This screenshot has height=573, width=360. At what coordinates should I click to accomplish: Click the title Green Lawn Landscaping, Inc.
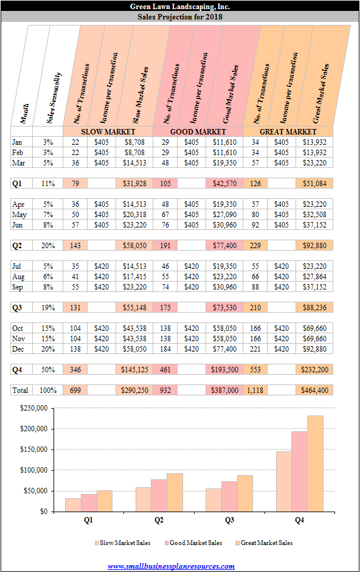point(180,6)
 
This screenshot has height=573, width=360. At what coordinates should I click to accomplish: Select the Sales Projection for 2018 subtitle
point(180,16)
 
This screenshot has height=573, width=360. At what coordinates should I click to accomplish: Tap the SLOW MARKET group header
point(108,131)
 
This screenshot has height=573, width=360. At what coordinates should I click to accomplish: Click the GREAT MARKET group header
point(288,131)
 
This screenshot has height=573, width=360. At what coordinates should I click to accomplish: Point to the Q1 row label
point(17,184)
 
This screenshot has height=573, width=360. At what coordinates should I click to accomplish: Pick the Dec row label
point(18,349)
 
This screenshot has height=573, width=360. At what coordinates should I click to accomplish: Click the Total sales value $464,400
point(314,391)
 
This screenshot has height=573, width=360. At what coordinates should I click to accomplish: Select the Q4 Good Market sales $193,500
point(224,369)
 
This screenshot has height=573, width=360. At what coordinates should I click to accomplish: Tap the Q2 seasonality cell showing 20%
point(48,246)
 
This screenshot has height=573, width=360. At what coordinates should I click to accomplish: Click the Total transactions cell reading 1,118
point(255,391)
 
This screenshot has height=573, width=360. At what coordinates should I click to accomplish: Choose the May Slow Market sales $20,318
point(134,215)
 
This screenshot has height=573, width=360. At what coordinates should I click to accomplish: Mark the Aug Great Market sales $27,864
point(314,277)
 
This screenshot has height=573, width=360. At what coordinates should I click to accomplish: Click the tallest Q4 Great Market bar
point(315,464)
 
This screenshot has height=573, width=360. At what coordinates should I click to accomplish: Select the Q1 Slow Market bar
point(73,505)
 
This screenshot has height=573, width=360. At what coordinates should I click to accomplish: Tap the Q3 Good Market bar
point(229,496)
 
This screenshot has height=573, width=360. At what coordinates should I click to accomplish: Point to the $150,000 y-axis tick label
point(33,450)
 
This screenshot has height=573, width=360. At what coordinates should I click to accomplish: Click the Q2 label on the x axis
point(159,520)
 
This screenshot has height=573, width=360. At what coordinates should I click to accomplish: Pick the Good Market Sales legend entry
point(193,543)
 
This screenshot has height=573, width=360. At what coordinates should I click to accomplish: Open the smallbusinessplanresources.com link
point(171,566)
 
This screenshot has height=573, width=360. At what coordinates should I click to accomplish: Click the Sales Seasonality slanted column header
point(54,97)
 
